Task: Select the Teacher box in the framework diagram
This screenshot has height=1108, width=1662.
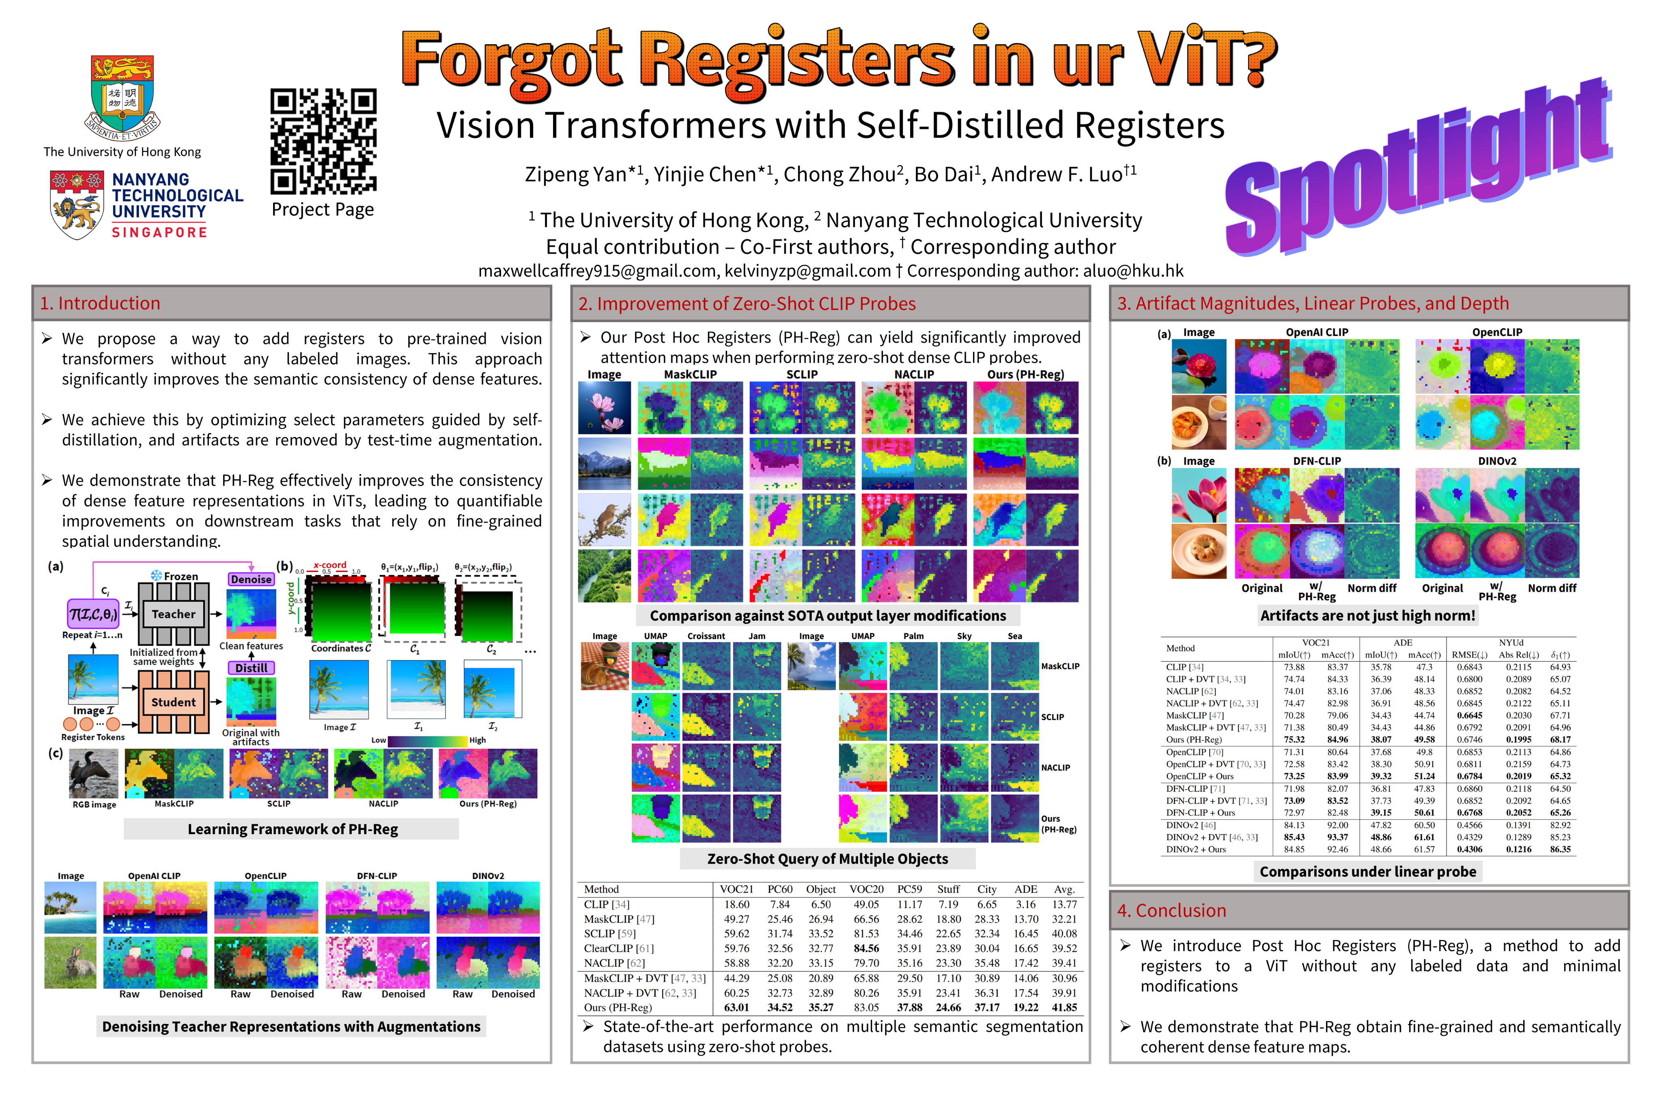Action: (173, 614)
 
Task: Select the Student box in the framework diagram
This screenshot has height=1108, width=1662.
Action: (173, 702)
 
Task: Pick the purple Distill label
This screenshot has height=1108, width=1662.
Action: (251, 668)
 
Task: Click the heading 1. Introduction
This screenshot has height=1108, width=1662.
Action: (100, 303)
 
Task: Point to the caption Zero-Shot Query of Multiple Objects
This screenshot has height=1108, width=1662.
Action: (827, 858)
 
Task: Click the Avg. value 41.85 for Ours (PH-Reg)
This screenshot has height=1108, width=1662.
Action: (1064, 1008)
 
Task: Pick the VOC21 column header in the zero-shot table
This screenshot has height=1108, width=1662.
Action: (736, 889)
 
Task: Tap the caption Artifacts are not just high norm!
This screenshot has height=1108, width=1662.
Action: (1367, 615)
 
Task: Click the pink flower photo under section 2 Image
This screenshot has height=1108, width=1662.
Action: (604, 408)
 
